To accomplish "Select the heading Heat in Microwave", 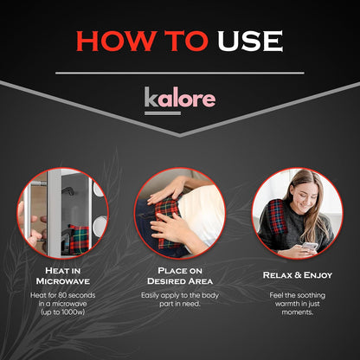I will (62, 276).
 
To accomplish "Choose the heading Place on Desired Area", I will (180, 276).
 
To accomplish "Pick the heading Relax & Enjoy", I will (297, 275).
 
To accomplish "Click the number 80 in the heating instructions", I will (72, 297).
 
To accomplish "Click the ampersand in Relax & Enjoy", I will (296, 275).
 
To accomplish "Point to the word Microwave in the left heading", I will (62, 281).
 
